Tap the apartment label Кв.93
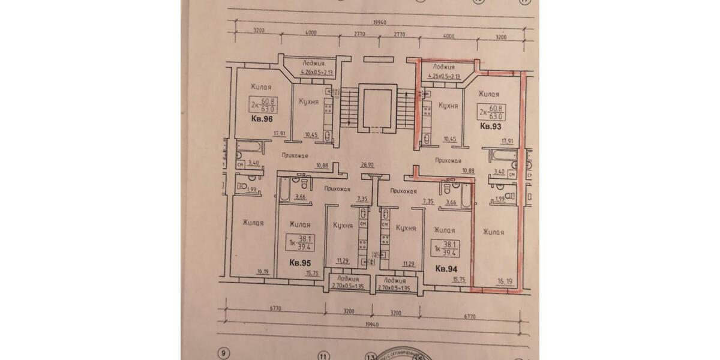(x=490, y=127)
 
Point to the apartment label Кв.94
(x=446, y=269)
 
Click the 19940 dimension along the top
(x=380, y=23)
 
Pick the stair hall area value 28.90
(x=367, y=164)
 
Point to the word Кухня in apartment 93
(x=449, y=106)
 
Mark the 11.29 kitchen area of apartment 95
(x=343, y=260)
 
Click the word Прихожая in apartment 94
(x=403, y=191)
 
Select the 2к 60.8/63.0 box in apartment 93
(x=490, y=112)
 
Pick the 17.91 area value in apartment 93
(x=508, y=142)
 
